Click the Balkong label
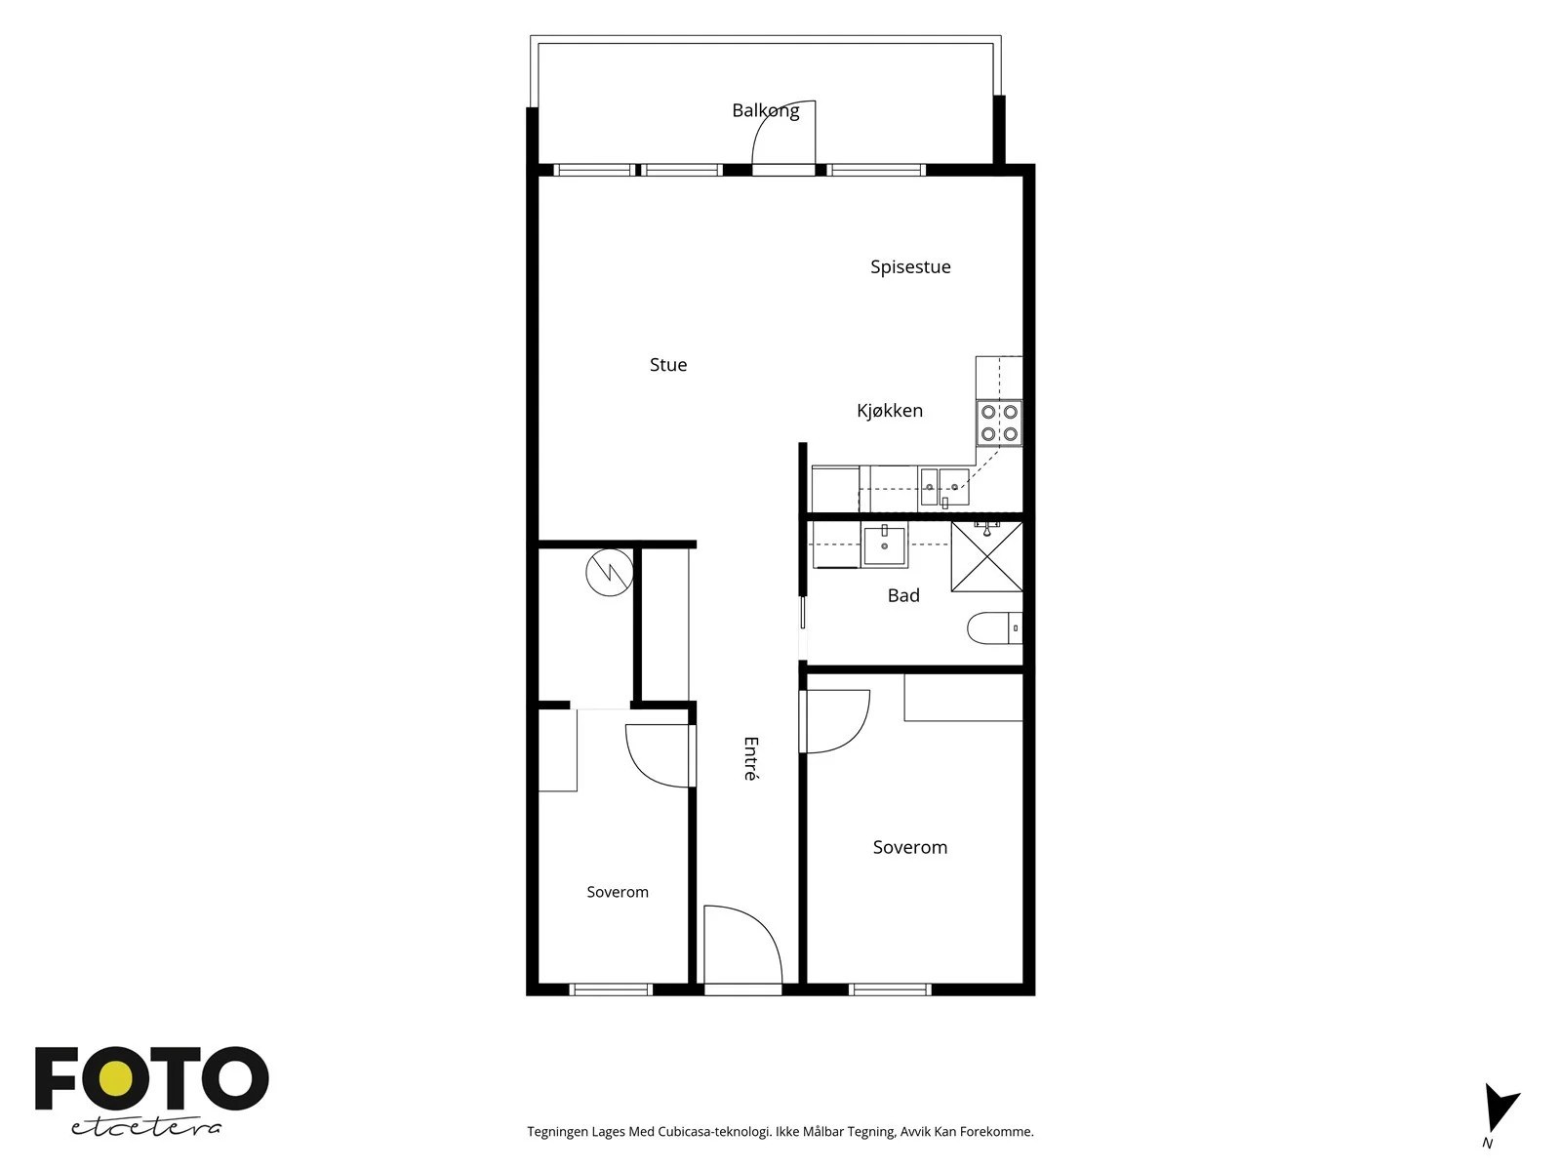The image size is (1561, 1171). pyautogui.click(x=765, y=111)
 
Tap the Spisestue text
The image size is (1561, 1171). pyautogui.click(x=910, y=267)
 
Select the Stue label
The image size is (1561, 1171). pyautogui.click(x=668, y=365)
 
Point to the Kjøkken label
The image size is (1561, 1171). pyautogui.click(x=890, y=410)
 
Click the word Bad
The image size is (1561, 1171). pyautogui.click(x=903, y=595)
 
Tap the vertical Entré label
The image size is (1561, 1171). pyautogui.click(x=751, y=758)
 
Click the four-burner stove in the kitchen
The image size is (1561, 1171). pyautogui.click(x=999, y=424)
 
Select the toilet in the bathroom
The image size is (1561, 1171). pyautogui.click(x=994, y=627)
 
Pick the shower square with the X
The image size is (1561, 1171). pyautogui.click(x=987, y=556)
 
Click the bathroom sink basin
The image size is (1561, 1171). pyautogui.click(x=885, y=545)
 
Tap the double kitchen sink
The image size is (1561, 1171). pyautogui.click(x=944, y=486)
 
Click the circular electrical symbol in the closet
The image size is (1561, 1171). pyautogui.click(x=610, y=573)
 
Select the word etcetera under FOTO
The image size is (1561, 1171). pyautogui.click(x=145, y=1128)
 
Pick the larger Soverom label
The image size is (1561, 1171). pyautogui.click(x=909, y=847)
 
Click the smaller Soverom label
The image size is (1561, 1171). pyautogui.click(x=618, y=892)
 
